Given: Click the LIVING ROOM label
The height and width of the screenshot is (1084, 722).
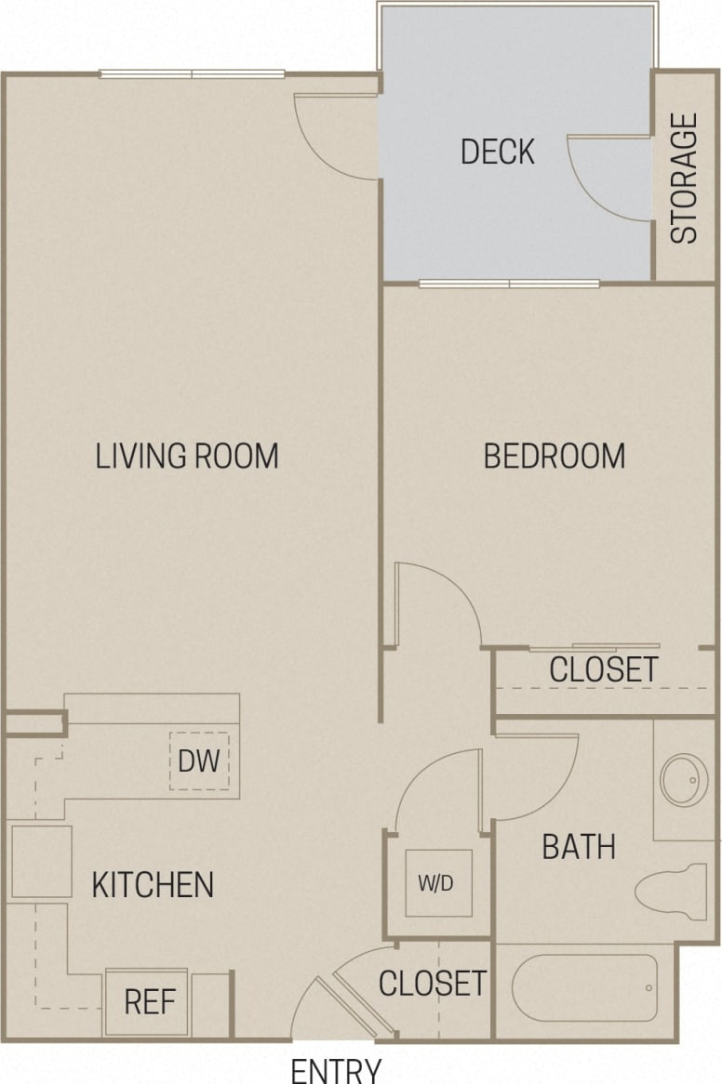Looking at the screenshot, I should tap(187, 456).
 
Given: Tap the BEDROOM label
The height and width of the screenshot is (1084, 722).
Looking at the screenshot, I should tap(554, 456).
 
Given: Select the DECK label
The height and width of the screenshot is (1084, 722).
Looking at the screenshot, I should tap(498, 152).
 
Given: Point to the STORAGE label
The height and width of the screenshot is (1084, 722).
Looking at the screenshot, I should tap(684, 178).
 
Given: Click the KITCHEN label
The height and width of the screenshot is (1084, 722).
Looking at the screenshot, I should tap(153, 884).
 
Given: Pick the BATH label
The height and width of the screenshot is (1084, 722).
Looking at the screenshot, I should tap(579, 847).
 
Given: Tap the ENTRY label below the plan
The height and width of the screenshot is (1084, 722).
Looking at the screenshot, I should tap(336, 1070).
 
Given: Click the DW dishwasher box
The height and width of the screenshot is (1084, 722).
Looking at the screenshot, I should tap(199, 761).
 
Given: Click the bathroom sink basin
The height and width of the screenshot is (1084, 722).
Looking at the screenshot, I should tap(684, 779).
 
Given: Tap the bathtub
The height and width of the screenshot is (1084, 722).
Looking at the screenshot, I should tap(584, 988).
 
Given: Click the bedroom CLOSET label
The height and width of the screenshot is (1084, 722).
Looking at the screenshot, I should tap(603, 669).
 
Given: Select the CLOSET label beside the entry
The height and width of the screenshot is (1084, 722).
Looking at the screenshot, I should tap(432, 983).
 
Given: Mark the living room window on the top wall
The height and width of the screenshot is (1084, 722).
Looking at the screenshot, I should tap(193, 74).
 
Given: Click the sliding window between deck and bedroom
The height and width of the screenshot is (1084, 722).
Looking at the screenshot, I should tap(509, 283).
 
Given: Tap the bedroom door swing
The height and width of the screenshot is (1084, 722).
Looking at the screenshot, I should tap(433, 604).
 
